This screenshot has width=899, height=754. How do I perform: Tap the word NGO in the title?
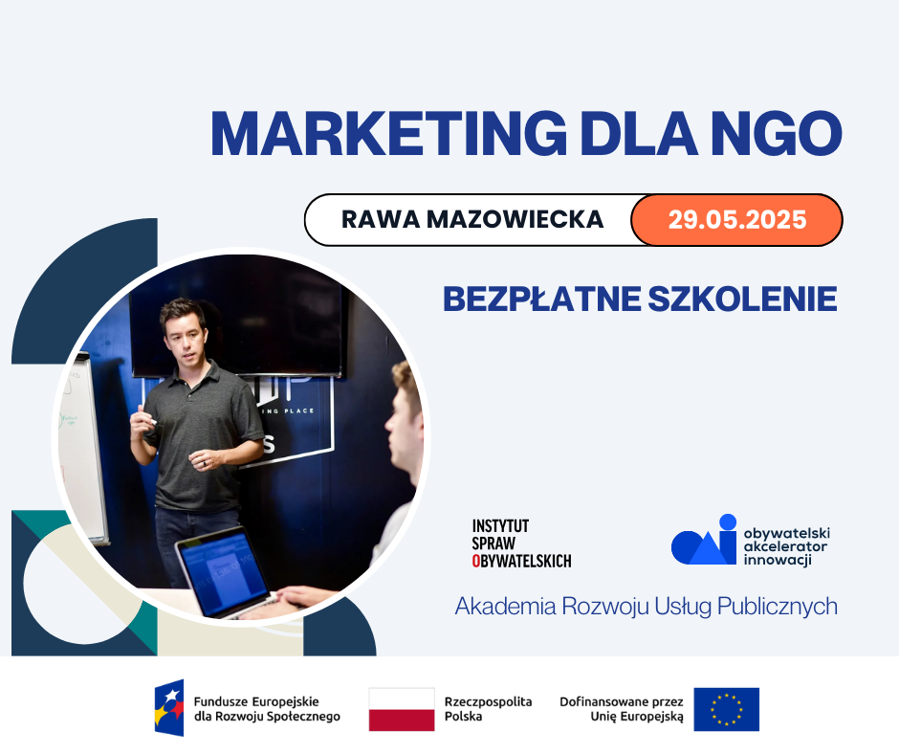pyautogui.click(x=777, y=133)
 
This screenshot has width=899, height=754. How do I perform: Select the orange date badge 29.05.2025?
pyautogui.click(x=736, y=220)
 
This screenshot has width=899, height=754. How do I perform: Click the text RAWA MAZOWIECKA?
pyautogui.click(x=472, y=219)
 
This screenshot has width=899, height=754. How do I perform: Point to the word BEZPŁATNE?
pyautogui.click(x=542, y=299)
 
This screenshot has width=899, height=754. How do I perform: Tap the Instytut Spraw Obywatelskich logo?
pyautogui.click(x=521, y=543)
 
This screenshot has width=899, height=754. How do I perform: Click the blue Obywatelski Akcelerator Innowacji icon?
pyautogui.click(x=704, y=540)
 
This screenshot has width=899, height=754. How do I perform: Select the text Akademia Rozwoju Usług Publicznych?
pyautogui.click(x=647, y=607)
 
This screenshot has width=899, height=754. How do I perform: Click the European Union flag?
pyautogui.click(x=727, y=709)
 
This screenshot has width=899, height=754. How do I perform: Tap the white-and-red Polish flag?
pyautogui.click(x=402, y=709)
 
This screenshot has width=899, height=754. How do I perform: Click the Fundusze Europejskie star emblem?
pyautogui.click(x=169, y=707)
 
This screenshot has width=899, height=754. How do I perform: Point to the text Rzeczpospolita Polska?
pyautogui.click(x=488, y=709)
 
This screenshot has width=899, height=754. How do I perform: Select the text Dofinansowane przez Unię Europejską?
pyautogui.click(x=622, y=709)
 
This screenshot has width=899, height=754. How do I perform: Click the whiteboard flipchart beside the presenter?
pyautogui.click(x=82, y=448)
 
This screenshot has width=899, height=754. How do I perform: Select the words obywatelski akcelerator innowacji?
pyautogui.click(x=786, y=547)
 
